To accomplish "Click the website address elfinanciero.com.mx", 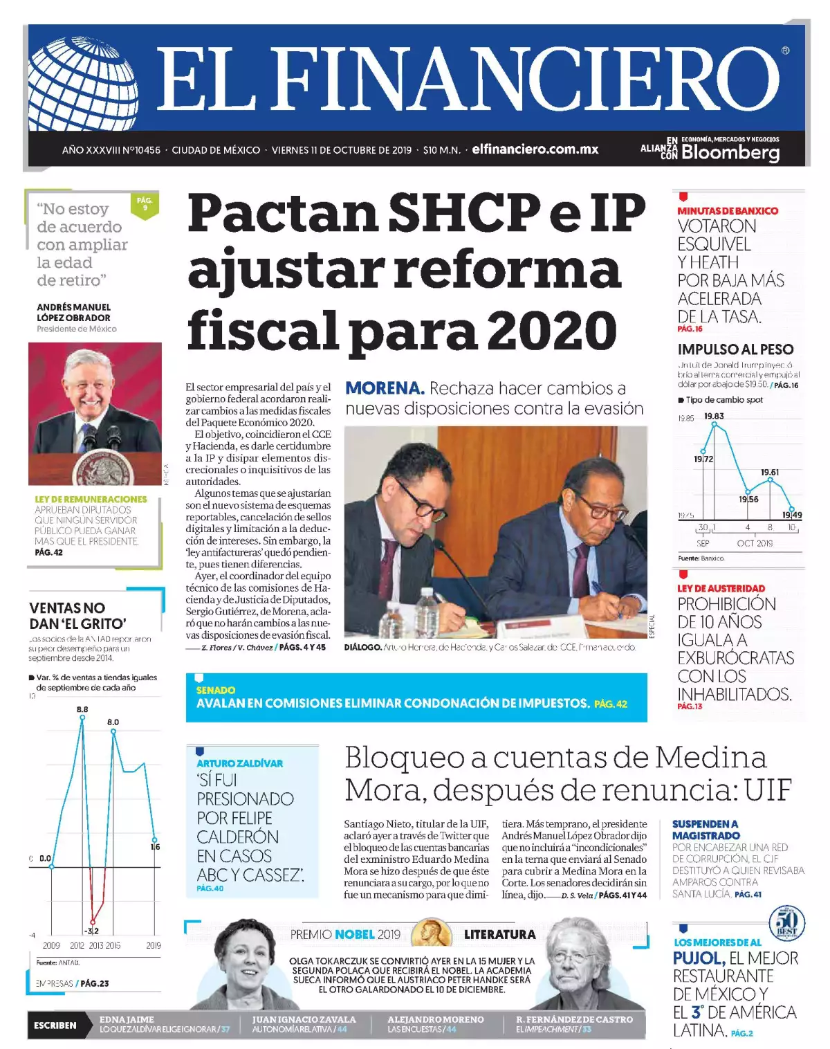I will tap(535, 149).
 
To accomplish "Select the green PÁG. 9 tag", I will tap(145, 204).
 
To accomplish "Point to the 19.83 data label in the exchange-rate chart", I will tap(714, 416).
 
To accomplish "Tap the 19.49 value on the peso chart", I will tap(792, 515).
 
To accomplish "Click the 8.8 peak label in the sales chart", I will tap(82, 709).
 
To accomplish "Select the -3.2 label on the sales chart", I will tap(91, 931).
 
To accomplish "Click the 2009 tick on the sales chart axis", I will tap(51, 945).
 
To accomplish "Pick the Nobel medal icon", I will tap(432, 934).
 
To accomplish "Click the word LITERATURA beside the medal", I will tap(499, 935).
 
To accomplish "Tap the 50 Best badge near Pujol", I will tap(787, 922).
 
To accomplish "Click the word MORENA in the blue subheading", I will tap(385, 388).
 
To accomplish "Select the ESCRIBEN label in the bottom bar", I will tap(55, 1025).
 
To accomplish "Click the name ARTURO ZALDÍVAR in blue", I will tap(239, 763).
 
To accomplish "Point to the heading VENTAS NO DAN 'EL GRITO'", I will tap(77, 615).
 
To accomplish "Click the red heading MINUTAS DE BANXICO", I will tap(727, 210).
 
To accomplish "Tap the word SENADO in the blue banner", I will tap(215, 690).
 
